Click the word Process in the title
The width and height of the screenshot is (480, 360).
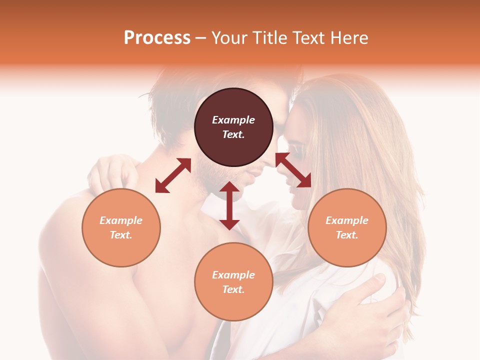coord(157,38)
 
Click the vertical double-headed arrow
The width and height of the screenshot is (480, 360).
coord(229,205)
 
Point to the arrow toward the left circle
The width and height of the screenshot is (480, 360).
coord(173,175)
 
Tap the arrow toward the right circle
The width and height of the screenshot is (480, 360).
coord(293,170)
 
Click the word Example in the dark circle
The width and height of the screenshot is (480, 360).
coord(233,120)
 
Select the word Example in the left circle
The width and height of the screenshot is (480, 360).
coord(121,220)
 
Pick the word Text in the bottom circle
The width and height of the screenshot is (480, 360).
coord(233,289)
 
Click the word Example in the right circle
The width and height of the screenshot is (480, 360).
coord(347,220)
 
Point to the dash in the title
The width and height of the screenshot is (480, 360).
coord(201,38)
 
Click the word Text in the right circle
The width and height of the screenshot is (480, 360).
coord(347,235)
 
